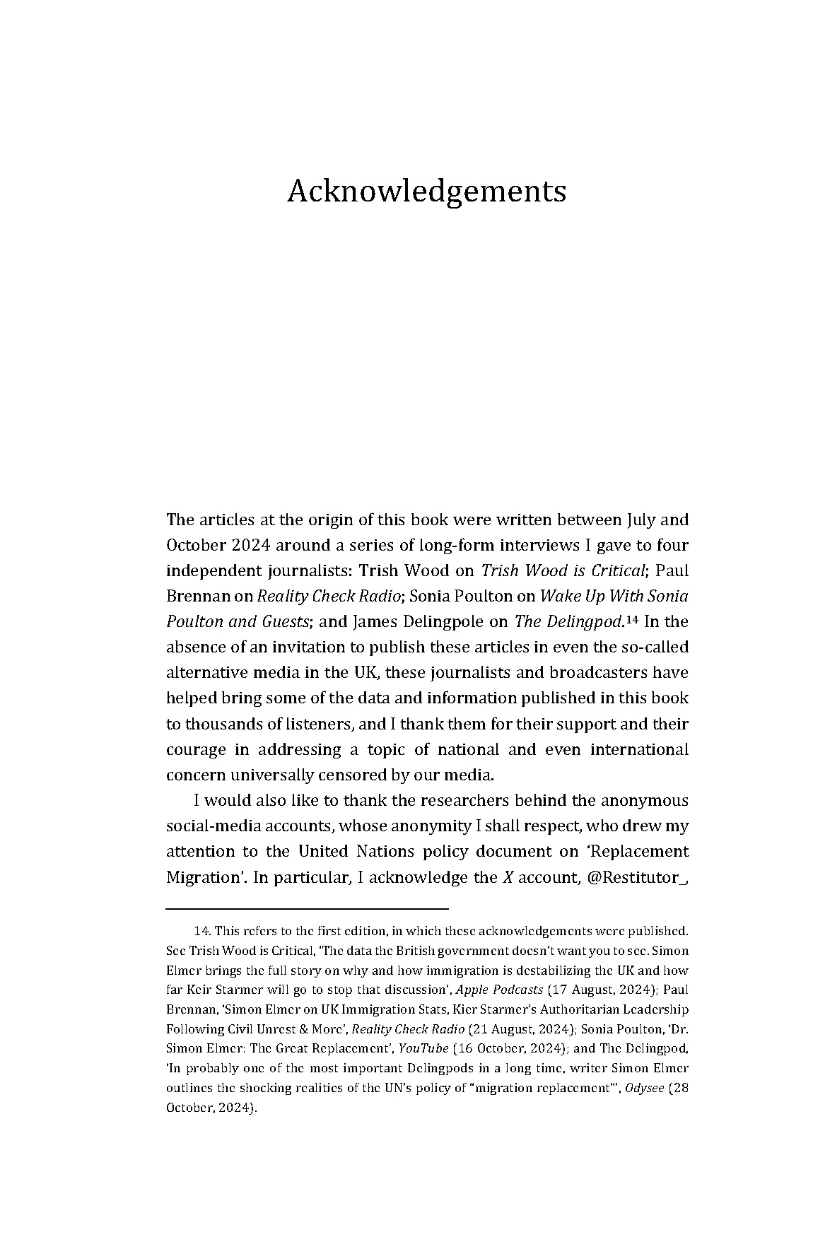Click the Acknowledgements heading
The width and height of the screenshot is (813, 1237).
click(426, 191)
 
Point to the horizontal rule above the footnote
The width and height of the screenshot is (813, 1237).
click(307, 908)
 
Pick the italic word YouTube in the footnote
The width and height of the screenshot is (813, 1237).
click(423, 1048)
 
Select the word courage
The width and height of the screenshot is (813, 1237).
click(196, 749)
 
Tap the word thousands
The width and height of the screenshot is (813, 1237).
click(227, 724)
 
